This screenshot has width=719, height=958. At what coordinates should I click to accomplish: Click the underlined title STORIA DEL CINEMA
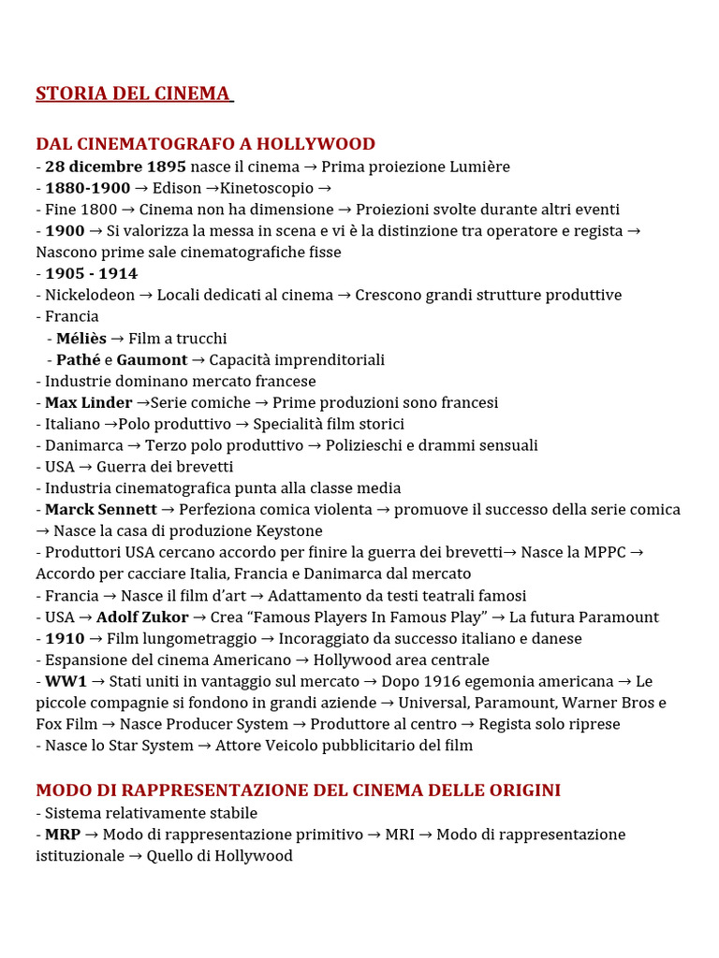pos(133,94)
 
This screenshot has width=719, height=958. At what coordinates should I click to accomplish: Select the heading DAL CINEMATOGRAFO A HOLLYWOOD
pos(205,144)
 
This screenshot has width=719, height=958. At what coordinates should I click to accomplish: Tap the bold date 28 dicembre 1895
pos(109,167)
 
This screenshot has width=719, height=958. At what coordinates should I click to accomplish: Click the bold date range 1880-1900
pos(88,188)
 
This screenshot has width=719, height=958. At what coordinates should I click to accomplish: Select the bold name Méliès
pos(81,339)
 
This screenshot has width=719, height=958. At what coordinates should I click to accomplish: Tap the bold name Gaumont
pos(152,360)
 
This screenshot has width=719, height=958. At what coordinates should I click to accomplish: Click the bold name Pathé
pos(78,360)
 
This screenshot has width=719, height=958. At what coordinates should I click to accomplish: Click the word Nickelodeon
pos(90,296)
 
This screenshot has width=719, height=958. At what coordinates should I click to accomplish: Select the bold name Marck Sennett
pos(101,510)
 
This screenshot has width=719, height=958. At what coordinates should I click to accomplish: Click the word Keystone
pos(289,531)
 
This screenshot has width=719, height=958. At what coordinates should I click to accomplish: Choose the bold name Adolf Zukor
pos(142,617)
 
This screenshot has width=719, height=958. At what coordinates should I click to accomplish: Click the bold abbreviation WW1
pos(66,682)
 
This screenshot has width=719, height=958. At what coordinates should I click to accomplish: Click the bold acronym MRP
pos(63,835)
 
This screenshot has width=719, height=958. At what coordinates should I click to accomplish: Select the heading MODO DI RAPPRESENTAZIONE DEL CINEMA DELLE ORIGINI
pos(298,791)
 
